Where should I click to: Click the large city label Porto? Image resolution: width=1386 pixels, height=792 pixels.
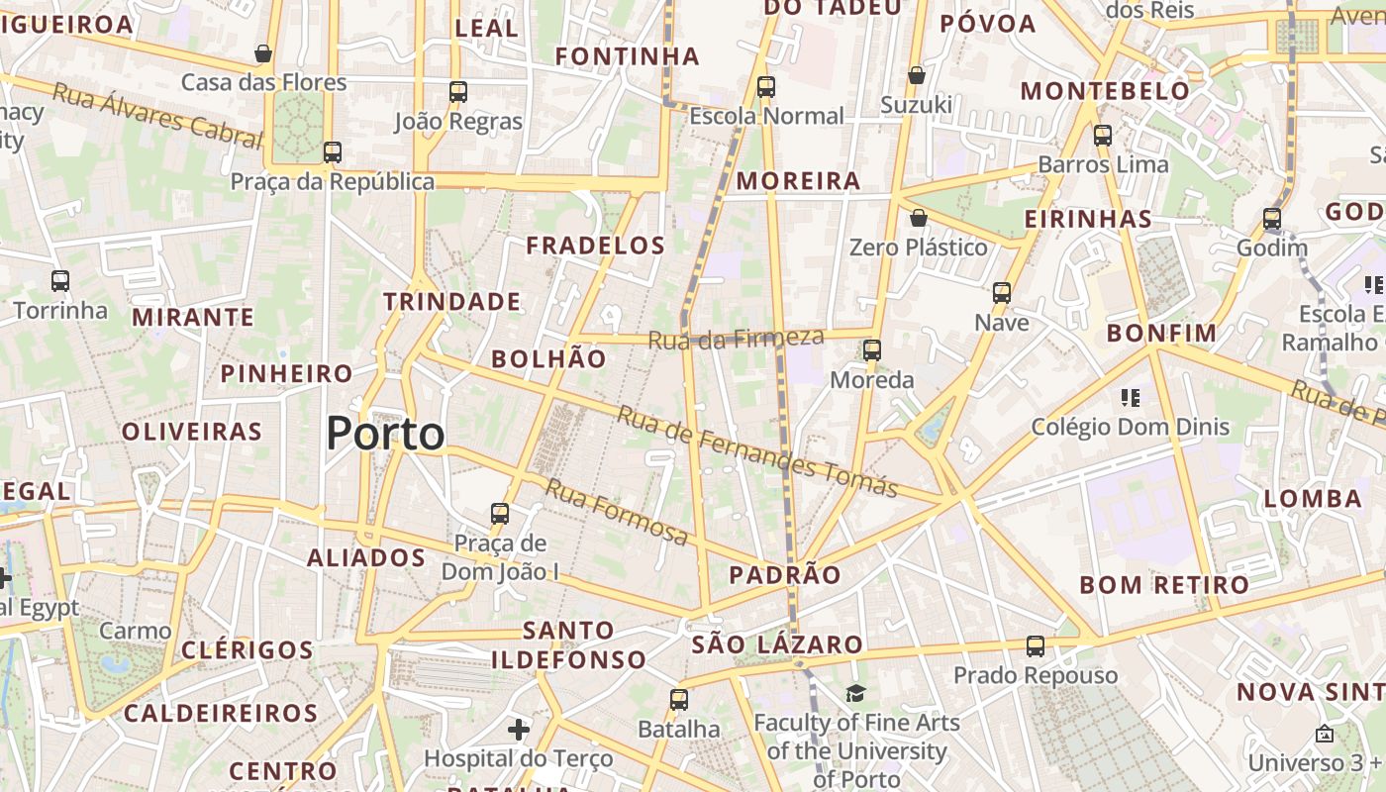click(385, 434)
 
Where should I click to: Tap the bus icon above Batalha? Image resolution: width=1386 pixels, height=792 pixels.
click(678, 700)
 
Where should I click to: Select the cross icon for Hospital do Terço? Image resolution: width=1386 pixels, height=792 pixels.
click(518, 731)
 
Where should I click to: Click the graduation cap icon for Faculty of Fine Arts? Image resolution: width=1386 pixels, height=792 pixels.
click(855, 693)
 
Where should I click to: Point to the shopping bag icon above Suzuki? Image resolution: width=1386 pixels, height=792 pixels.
click(917, 75)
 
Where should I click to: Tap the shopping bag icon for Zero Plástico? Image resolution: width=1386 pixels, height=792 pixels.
click(918, 218)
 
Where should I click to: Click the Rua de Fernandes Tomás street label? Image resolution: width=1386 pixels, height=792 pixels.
click(757, 451)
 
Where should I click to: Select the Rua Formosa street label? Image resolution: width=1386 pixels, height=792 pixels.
click(617, 512)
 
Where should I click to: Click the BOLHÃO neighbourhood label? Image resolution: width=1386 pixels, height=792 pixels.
click(548, 359)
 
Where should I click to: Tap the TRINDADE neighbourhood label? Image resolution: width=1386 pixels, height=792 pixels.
click(452, 302)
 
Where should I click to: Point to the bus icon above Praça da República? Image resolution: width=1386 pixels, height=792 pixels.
click(333, 152)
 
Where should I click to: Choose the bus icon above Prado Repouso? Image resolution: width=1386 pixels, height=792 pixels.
click(1036, 646)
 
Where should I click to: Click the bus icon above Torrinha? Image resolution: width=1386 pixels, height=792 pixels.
click(60, 281)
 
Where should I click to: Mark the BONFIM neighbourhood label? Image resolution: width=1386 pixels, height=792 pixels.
click(1161, 334)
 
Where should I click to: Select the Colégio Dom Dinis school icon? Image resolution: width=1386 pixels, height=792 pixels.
click(1130, 398)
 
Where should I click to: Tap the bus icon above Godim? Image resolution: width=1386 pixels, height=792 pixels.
click(1272, 219)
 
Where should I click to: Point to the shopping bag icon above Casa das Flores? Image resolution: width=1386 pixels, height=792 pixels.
click(263, 53)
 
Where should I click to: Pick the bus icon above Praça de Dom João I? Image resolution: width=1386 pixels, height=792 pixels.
click(500, 514)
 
